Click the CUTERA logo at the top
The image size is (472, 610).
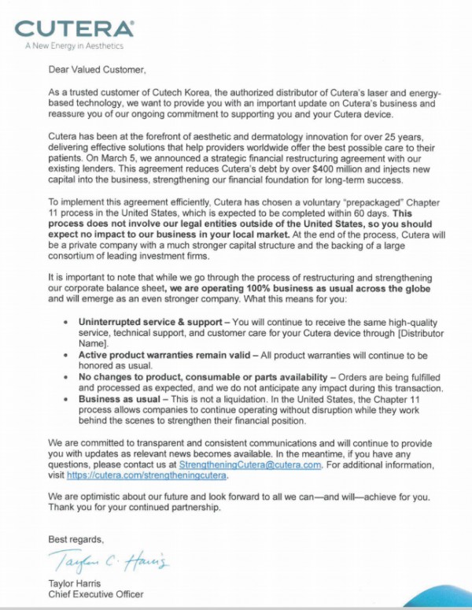click(x=76, y=29)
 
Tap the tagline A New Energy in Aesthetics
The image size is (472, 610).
click(x=69, y=46)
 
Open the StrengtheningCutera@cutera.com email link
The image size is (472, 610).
click(x=250, y=465)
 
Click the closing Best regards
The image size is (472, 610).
click(x=76, y=539)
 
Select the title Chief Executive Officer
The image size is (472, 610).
click(x=96, y=594)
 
